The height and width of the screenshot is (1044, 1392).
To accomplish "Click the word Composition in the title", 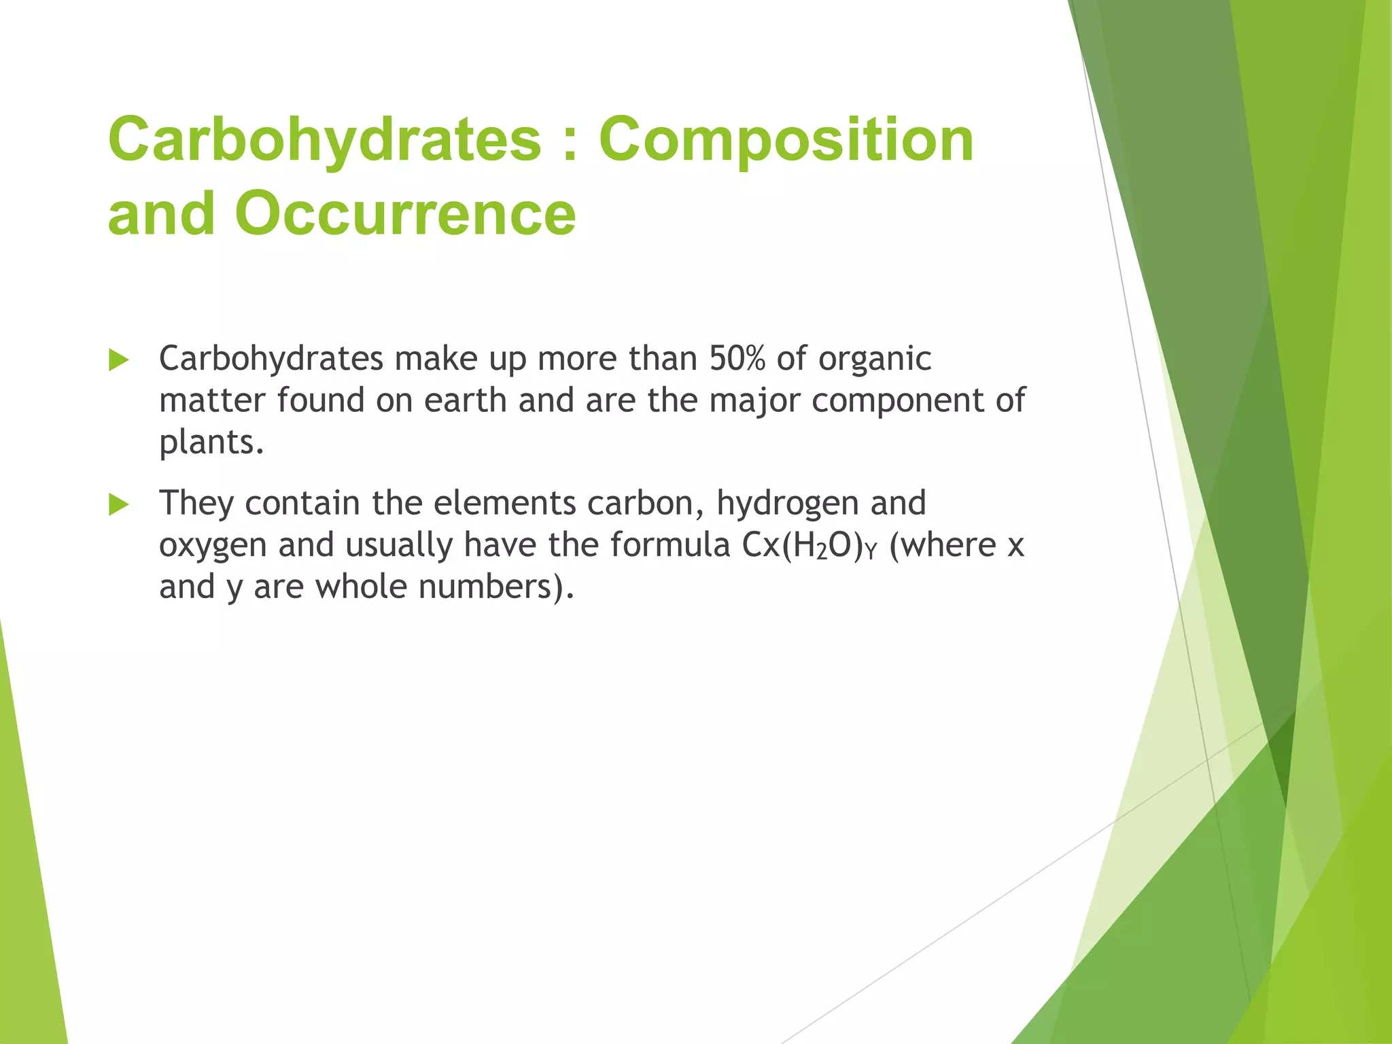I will [x=786, y=139].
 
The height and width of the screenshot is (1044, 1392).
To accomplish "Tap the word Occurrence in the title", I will [x=405, y=213].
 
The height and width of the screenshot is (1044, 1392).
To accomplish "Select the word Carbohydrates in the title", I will [x=325, y=139].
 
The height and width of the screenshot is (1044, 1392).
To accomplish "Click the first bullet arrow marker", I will [x=118, y=360].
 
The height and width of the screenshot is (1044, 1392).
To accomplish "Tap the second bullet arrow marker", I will [x=118, y=505].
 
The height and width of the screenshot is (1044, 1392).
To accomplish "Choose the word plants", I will [x=211, y=443].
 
